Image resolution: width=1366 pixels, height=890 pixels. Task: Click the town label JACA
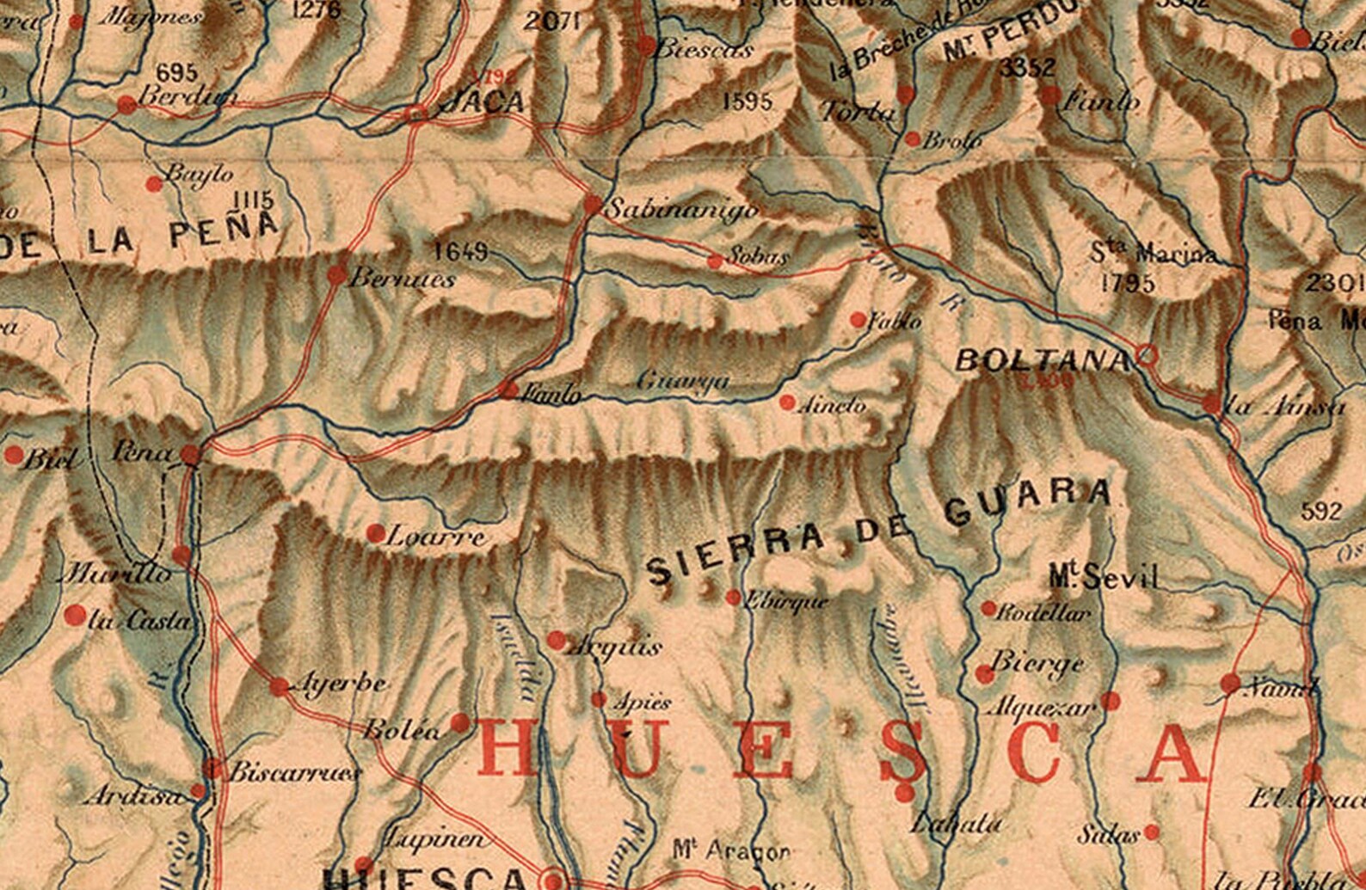pyautogui.click(x=481, y=101)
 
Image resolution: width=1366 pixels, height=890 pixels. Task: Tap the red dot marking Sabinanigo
pyautogui.click(x=593, y=205)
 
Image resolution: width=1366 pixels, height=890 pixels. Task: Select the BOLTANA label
pyautogui.click(x=1042, y=359)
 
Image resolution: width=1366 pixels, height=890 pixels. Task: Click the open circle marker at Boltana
pyautogui.click(x=1147, y=353)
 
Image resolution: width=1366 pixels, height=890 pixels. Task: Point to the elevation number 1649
pyautogui.click(x=460, y=251)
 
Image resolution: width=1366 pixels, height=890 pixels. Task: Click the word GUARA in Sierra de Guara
pyautogui.click(x=1027, y=502)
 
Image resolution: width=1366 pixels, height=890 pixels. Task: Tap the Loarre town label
pyautogui.click(x=437, y=538)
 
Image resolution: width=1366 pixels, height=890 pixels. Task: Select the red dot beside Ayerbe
pyautogui.click(x=280, y=687)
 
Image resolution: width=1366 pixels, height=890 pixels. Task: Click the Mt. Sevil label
pyautogui.click(x=1104, y=577)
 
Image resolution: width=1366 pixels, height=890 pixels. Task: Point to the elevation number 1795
pyautogui.click(x=1128, y=282)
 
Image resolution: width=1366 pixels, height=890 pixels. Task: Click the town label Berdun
pyautogui.click(x=187, y=96)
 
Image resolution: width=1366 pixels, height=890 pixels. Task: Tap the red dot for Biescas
pyautogui.click(x=646, y=46)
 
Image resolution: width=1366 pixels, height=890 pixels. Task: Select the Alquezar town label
pyautogui.click(x=1042, y=708)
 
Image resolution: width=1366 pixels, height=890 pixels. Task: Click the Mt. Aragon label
pyautogui.click(x=731, y=850)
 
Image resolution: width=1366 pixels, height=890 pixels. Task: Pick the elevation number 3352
pyautogui.click(x=1027, y=69)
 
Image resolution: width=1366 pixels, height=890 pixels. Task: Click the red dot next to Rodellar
pyautogui.click(x=989, y=609)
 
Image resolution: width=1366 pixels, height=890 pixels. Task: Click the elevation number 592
pyautogui.click(x=1321, y=512)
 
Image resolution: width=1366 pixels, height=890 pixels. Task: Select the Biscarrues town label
pyautogui.click(x=294, y=771)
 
